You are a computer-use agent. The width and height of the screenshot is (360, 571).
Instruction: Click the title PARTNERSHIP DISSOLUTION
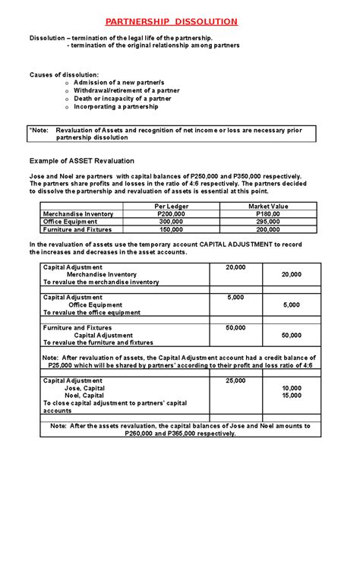click(181, 21)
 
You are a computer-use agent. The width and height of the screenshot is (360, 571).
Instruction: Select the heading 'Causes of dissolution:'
click(64, 74)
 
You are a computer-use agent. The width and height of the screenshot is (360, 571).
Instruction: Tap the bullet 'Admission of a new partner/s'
click(121, 82)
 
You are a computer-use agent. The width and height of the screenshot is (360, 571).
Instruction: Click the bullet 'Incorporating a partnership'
click(116, 107)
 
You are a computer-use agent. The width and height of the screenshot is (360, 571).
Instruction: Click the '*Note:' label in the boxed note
click(39, 130)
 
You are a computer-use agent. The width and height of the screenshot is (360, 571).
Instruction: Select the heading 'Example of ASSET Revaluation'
click(81, 161)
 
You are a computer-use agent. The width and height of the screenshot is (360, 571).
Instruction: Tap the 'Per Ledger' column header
click(169, 207)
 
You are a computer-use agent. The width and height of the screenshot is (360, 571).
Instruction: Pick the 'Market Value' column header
click(268, 207)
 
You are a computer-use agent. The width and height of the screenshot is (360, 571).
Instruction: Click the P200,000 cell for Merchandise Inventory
click(169, 214)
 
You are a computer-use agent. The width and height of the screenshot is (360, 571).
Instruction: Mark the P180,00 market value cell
click(268, 214)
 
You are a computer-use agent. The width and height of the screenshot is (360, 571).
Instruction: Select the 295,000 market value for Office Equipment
click(268, 222)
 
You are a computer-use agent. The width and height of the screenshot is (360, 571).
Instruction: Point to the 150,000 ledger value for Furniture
click(169, 229)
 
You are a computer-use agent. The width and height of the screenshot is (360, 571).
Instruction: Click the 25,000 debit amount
click(235, 380)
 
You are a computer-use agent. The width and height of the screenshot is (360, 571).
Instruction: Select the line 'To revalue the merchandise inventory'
click(101, 282)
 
